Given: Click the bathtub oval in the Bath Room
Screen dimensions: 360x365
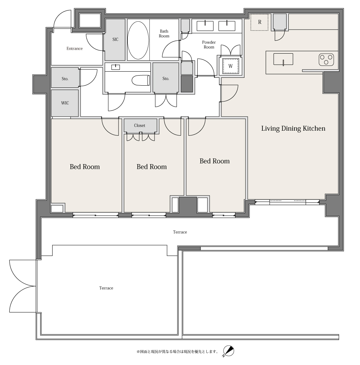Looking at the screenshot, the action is tap(138, 40).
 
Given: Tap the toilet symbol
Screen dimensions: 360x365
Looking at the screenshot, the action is tap(141, 80).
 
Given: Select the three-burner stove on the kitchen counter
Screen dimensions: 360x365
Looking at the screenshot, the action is tap(326, 60).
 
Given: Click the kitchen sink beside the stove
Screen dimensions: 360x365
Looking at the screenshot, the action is tap(283, 59).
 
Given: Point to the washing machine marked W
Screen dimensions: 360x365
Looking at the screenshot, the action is tap(230, 66).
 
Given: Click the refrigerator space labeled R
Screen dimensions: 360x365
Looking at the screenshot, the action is tap(260, 22).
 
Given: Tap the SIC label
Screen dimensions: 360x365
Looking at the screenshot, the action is tap(115, 40).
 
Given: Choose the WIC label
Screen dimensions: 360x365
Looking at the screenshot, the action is tap(65, 103).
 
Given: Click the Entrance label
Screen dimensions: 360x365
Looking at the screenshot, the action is tap(75, 49).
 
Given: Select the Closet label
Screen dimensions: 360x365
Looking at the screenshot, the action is tap(139, 126).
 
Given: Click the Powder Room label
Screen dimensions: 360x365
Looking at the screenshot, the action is tap(209, 45).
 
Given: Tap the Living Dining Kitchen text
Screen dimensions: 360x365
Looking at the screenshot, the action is tap(293, 129).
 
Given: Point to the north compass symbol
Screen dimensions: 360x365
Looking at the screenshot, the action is tap(228, 351).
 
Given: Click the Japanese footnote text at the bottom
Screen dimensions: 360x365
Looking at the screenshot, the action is tap(177, 351).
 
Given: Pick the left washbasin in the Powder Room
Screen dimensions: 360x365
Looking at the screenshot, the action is tap(205, 26).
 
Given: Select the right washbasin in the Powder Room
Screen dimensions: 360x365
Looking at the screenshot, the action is tap(227, 26).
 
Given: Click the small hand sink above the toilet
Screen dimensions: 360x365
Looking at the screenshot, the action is tap(116, 67).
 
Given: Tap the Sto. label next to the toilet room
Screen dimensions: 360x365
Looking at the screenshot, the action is tap(166, 79).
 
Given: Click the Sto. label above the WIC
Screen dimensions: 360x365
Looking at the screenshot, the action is tap(65, 79).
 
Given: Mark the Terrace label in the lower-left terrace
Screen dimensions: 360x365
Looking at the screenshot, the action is tap(106, 288).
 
